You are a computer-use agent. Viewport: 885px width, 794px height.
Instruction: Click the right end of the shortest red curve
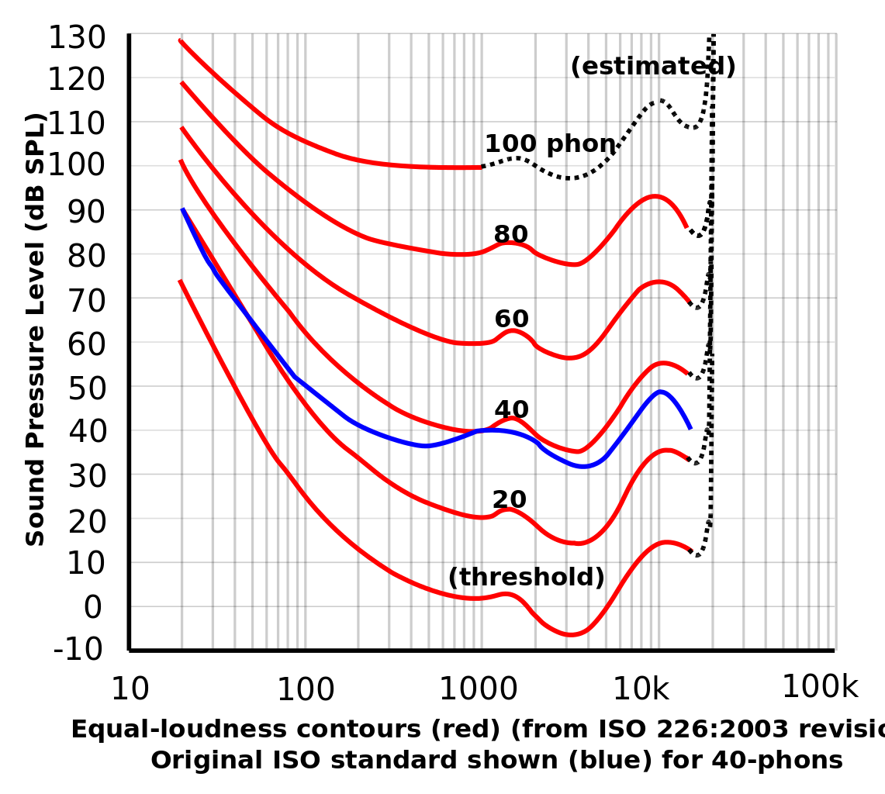click(480, 167)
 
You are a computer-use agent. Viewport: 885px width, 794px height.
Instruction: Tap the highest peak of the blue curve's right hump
click(660, 392)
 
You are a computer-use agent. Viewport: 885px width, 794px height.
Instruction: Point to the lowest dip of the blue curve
click(584, 466)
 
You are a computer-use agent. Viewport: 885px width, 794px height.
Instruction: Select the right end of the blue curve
click(690, 428)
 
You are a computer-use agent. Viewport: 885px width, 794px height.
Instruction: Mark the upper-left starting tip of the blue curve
click(183, 209)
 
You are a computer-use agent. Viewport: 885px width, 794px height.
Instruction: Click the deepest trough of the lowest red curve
click(572, 634)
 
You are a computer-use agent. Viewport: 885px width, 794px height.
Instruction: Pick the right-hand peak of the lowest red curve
click(665, 543)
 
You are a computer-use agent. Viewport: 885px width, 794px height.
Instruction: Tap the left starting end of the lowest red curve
click(180, 281)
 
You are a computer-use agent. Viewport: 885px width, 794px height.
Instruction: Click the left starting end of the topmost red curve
click(180, 40)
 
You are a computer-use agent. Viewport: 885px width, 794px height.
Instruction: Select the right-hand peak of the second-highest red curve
click(655, 197)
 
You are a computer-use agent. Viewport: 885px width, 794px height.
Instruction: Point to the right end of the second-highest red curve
click(687, 227)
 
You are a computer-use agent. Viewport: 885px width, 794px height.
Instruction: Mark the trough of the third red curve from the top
click(570, 357)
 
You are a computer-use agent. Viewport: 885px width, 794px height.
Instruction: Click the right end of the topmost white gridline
click(835, 78)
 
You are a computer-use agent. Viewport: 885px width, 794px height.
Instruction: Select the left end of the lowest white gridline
click(132, 518)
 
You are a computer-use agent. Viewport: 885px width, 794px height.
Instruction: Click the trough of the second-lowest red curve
click(576, 543)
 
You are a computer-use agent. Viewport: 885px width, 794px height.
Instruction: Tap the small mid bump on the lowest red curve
click(507, 593)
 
